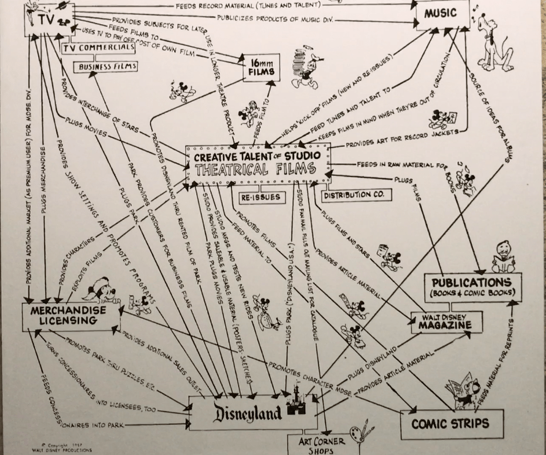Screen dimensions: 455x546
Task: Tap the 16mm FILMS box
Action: [x=261, y=68]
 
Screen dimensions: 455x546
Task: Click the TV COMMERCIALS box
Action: [x=98, y=47]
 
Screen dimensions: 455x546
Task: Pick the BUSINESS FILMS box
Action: [x=105, y=67]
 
